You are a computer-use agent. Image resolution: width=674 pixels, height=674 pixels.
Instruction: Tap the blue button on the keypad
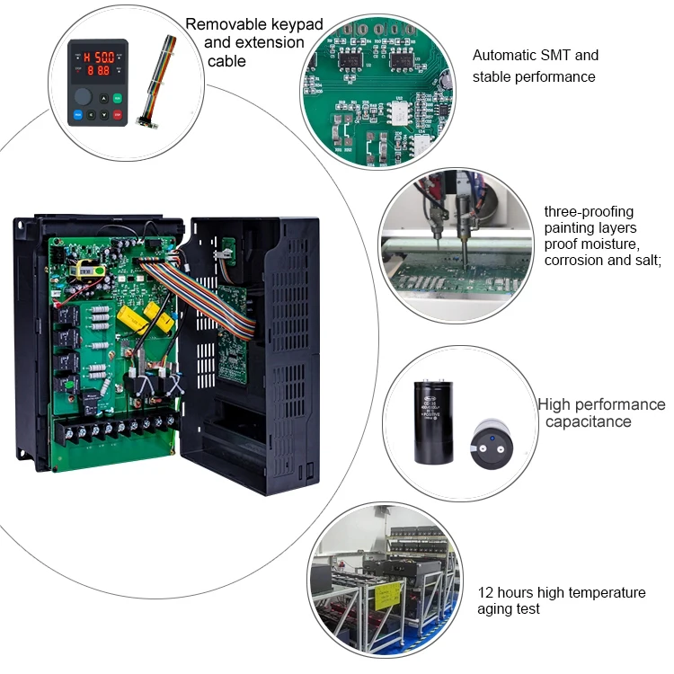pyautogui.click(x=78, y=115)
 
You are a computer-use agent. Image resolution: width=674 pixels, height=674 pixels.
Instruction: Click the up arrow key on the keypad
pyautogui.click(x=105, y=99)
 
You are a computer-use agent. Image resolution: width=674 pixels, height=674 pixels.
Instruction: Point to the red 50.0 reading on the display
pyautogui.click(x=101, y=54)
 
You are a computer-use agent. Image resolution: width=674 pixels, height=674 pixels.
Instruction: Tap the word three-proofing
pyautogui.click(x=589, y=212)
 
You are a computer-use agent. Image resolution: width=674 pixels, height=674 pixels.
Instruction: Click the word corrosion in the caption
pyautogui.click(x=575, y=260)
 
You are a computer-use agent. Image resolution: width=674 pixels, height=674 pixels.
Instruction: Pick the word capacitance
pyautogui.click(x=588, y=421)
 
